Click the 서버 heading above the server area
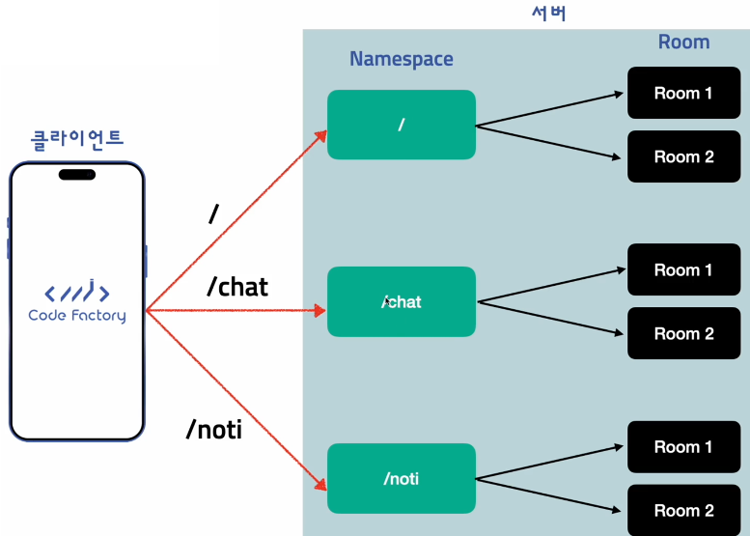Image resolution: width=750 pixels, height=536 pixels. (x=549, y=13)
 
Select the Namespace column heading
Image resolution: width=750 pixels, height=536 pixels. (x=401, y=59)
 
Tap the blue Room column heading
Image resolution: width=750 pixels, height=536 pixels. (x=683, y=42)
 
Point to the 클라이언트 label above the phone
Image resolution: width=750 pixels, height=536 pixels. (x=77, y=137)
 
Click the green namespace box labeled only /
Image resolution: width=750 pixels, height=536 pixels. (x=401, y=125)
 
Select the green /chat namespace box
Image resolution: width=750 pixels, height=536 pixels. (x=401, y=301)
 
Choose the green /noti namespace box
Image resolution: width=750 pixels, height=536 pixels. (x=401, y=478)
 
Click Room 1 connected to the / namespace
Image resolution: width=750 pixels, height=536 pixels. (x=683, y=94)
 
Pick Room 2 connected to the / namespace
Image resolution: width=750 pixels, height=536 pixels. (x=683, y=156)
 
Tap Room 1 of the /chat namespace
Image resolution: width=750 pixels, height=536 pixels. (x=683, y=270)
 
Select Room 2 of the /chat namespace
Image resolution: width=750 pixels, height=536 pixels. (x=683, y=334)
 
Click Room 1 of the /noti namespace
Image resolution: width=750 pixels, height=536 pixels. (x=683, y=447)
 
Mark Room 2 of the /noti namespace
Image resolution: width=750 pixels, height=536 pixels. (x=683, y=510)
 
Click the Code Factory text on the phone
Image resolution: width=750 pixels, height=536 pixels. (x=77, y=316)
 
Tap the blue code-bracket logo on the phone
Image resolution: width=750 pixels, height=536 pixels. (x=77, y=292)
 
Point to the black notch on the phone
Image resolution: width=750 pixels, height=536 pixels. (x=77, y=175)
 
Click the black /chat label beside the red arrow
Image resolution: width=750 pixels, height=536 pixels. (x=236, y=287)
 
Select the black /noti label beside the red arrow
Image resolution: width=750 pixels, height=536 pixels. (x=213, y=430)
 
